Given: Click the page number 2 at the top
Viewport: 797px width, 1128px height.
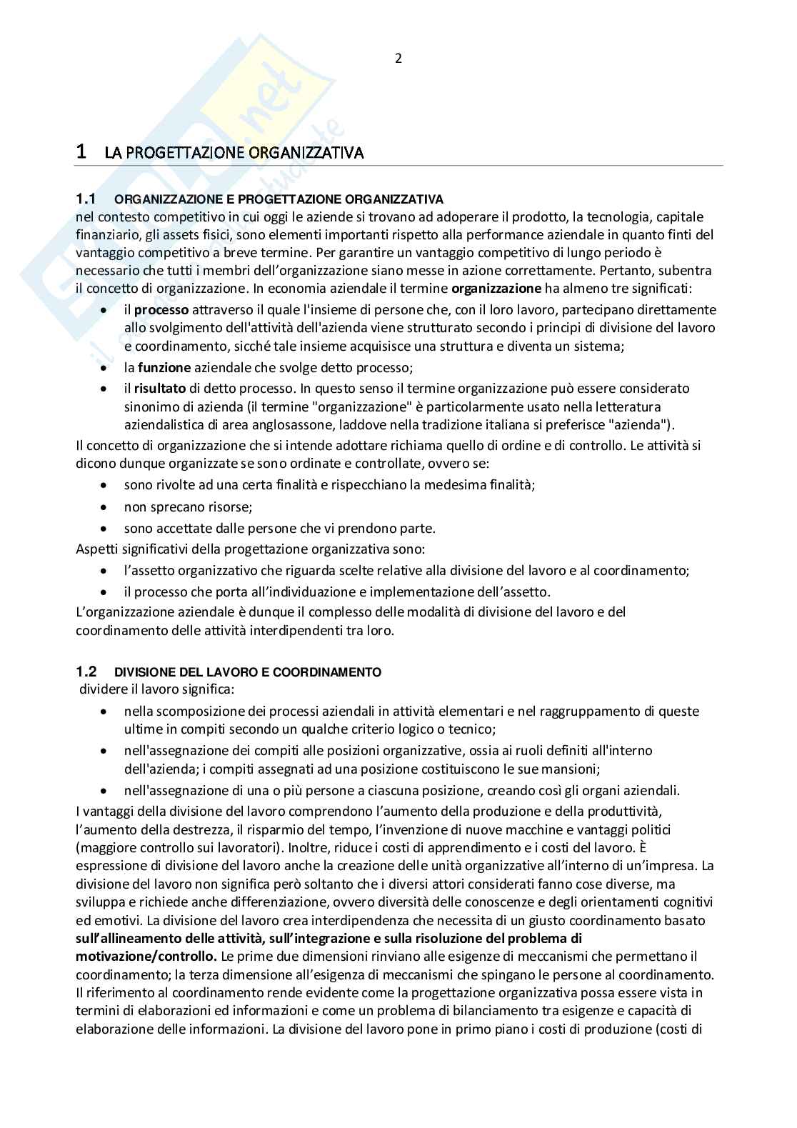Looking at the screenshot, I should [x=398, y=59].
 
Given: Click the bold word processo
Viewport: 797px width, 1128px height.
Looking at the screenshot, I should [x=161, y=310].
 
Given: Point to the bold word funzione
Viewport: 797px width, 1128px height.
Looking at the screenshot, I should [x=164, y=367].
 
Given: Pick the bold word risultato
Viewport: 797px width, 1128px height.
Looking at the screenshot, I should [x=160, y=389].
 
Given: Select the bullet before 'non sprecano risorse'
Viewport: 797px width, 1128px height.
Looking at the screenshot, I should [x=105, y=507].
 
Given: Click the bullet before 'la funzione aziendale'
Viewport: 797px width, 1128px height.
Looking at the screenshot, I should [x=105, y=368].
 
